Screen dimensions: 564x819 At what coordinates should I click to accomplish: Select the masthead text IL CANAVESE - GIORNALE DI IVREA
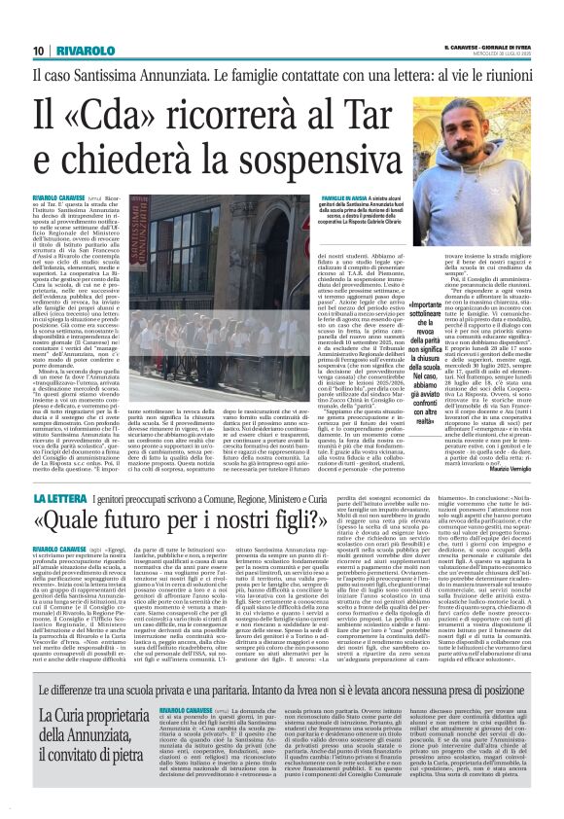(x=485, y=45)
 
